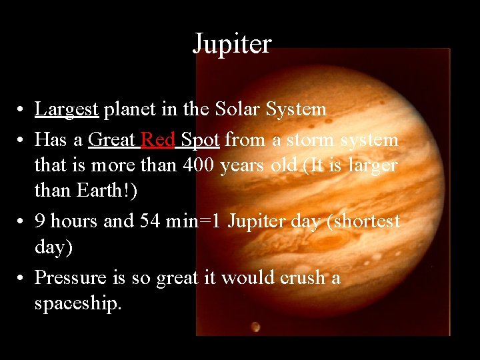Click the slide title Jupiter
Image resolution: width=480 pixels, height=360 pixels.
tap(232, 44)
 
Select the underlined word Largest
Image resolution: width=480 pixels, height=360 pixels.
tap(67, 109)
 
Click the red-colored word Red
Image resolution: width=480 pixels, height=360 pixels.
tap(158, 140)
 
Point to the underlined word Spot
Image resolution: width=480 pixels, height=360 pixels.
tap(201, 140)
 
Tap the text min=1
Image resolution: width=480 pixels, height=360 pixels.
tap(194, 221)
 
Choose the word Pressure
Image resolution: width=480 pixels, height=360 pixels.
tap(70, 277)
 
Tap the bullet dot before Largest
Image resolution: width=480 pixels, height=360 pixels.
tap(23, 110)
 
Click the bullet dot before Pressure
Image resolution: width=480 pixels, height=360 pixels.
tap(23, 277)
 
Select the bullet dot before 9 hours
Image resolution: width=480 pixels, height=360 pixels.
tap(23, 221)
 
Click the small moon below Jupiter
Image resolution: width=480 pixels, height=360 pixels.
tap(256, 327)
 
